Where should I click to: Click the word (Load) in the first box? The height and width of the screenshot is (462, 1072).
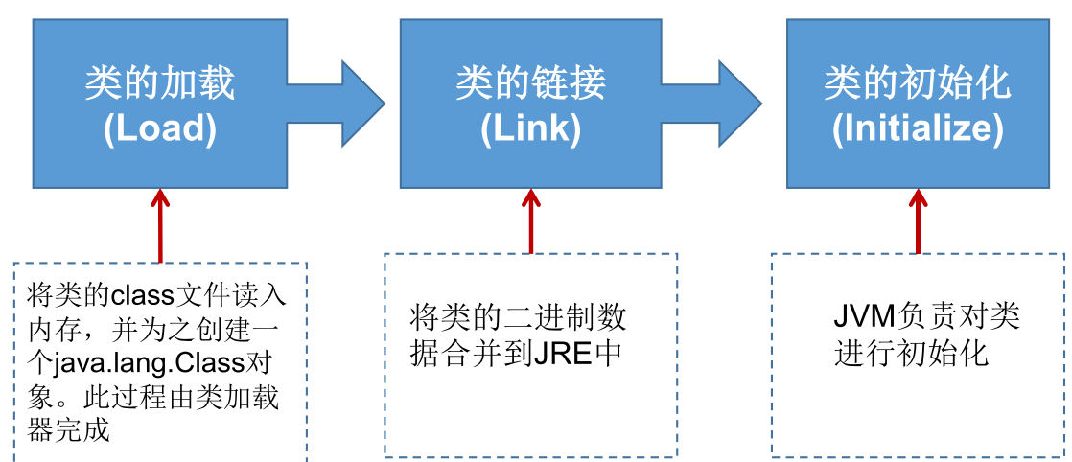pos(159,129)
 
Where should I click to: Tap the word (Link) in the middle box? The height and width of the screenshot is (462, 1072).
pos(530,129)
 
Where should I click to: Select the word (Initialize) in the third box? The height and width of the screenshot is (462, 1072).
pos(918,129)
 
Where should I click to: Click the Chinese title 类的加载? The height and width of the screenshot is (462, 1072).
pos(159,84)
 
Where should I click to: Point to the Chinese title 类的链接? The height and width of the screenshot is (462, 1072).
pos(530,84)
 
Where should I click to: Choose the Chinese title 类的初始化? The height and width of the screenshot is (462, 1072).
pos(918,84)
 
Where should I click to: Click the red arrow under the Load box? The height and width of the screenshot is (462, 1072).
pos(160,224)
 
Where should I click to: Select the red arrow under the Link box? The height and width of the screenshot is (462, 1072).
pos(530,219)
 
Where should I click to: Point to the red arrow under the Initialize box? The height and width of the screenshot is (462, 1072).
pos(918,219)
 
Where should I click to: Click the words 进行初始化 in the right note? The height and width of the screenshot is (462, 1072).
pos(911,353)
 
